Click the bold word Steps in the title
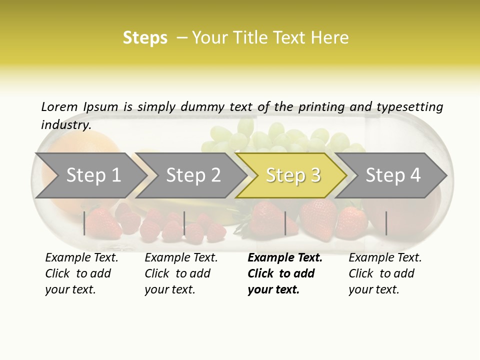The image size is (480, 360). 145,38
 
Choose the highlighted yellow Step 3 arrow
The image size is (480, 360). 293,175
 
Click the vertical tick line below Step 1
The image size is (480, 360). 84,223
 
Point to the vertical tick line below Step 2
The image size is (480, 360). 184,223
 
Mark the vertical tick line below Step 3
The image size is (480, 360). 285,223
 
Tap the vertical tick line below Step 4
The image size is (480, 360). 386,223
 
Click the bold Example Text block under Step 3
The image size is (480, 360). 284,273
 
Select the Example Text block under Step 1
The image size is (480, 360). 81,273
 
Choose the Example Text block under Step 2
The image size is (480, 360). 181,273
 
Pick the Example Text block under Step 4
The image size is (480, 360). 385,273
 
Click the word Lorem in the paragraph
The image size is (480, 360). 59,106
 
